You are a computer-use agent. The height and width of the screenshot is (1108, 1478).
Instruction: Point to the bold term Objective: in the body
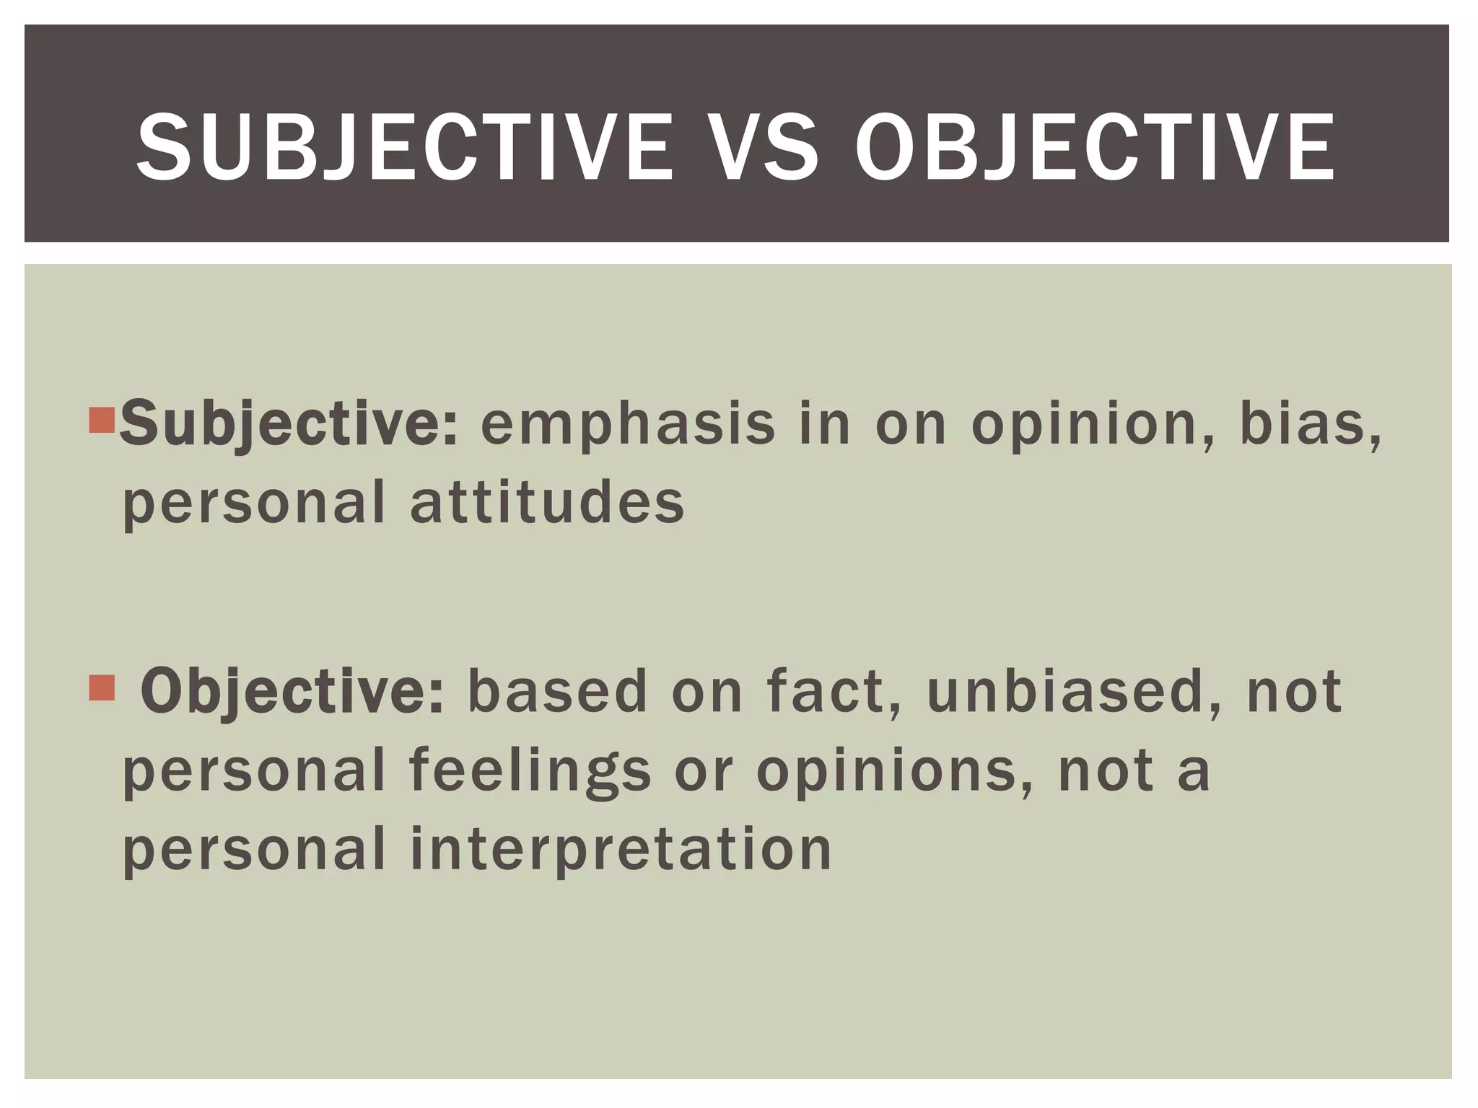(x=292, y=691)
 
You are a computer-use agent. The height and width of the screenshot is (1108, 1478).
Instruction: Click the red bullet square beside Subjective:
(x=102, y=420)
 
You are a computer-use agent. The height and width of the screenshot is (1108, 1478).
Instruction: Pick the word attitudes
(x=547, y=503)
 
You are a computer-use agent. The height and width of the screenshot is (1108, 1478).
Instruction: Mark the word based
(x=557, y=691)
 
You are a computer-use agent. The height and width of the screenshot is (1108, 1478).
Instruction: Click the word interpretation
(x=621, y=850)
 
